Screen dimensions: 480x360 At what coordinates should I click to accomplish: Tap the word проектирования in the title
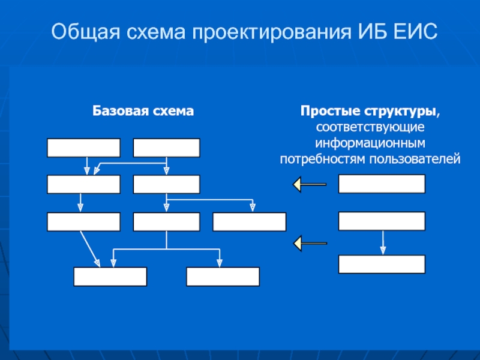(272, 32)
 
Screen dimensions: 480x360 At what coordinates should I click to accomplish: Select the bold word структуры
(400, 112)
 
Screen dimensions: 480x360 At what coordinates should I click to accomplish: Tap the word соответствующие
(370, 127)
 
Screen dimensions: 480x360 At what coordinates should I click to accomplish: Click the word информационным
(370, 143)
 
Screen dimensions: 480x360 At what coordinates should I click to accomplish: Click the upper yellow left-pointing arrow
(310, 184)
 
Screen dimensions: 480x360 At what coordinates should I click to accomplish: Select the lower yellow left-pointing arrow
(310, 244)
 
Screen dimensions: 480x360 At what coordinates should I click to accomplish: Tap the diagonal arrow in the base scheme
(91, 249)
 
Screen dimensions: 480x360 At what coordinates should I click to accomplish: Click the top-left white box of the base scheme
(83, 148)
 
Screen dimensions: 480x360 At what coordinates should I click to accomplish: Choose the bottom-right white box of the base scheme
(223, 277)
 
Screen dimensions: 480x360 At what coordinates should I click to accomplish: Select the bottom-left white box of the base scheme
(110, 277)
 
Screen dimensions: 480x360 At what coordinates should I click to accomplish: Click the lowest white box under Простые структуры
(382, 264)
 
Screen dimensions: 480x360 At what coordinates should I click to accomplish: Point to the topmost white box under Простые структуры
(382, 184)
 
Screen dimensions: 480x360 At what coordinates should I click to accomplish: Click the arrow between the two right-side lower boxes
(383, 242)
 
